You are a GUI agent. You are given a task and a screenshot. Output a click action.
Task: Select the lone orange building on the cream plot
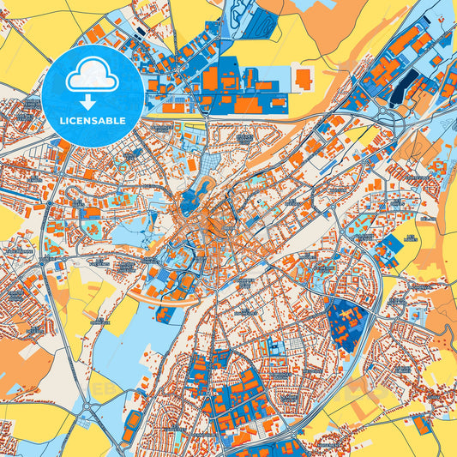(x=304, y=80)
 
